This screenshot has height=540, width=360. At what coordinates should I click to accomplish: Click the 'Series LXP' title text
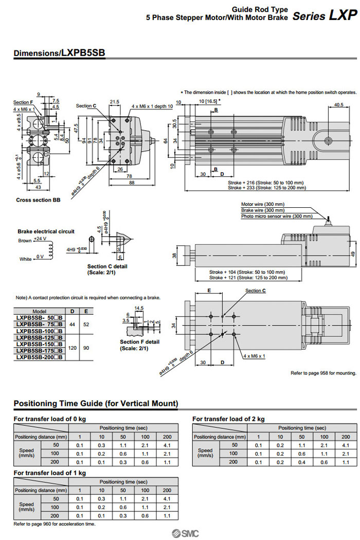pos(324,15)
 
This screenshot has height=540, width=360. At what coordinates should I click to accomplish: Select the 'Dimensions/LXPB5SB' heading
pos(60,52)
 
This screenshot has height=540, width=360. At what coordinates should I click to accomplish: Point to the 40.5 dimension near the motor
pos(338,105)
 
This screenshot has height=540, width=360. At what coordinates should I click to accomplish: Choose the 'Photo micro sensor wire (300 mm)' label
pos(277,216)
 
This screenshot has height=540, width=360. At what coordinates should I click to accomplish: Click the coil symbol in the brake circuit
pos(50,249)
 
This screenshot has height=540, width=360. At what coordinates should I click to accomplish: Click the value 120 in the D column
pos(72,348)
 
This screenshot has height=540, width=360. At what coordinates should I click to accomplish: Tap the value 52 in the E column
pos(86,325)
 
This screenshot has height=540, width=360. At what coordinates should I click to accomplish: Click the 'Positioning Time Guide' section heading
pos(96,403)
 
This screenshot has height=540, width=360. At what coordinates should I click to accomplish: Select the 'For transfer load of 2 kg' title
pos(228,419)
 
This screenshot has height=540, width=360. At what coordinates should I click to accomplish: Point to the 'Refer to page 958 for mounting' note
pos(323,373)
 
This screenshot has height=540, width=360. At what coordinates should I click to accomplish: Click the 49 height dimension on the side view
pos(352,254)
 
